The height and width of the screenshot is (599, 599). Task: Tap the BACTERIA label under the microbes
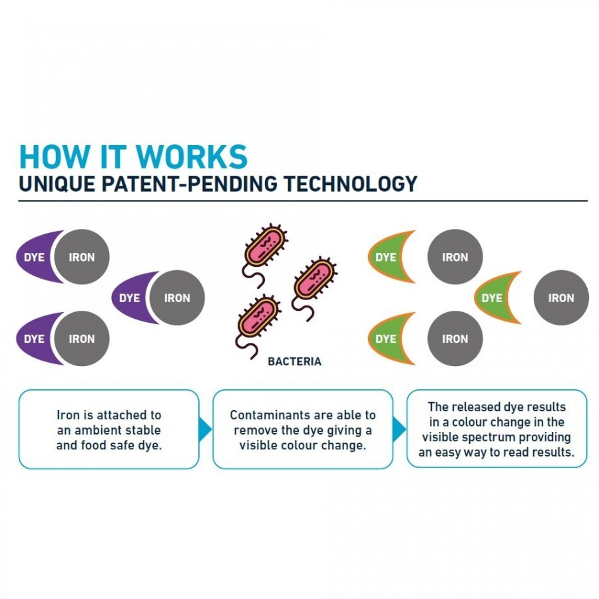tap(294, 362)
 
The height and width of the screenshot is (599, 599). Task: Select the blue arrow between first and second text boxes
tap(205, 429)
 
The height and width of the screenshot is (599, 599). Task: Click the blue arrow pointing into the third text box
tap(399, 429)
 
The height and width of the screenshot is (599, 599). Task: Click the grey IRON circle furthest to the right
tap(561, 298)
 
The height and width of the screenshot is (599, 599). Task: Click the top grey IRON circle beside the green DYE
tap(455, 257)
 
